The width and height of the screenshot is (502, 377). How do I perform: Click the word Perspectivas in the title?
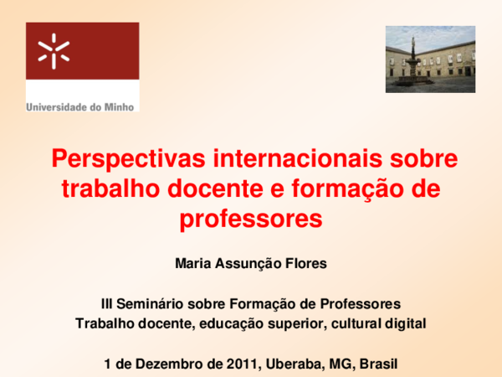108,159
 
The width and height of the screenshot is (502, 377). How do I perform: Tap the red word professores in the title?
251,219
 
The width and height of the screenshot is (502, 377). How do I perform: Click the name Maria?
193,264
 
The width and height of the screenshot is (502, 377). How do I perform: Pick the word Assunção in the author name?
249,264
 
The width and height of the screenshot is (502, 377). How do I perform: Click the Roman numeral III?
105,303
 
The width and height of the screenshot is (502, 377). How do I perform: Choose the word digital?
406,323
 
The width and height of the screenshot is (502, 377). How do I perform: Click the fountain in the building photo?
412,60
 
